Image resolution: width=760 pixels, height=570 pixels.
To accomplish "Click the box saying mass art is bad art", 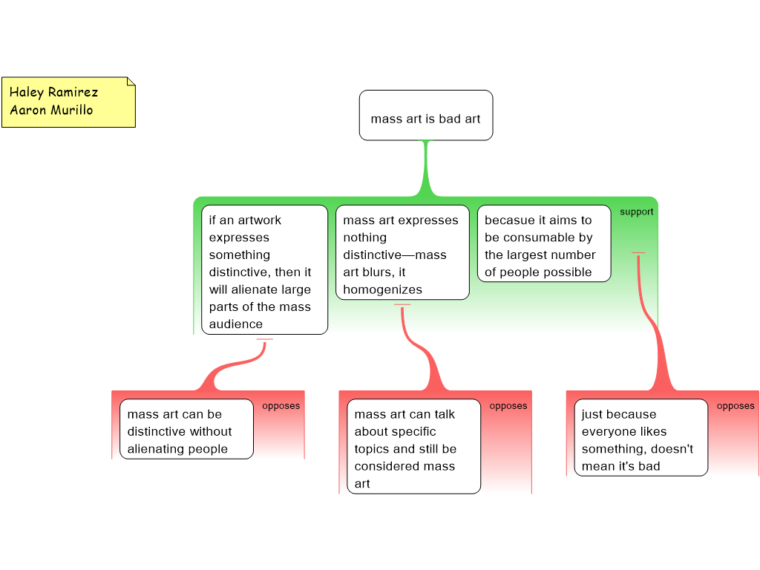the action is pos(426,115).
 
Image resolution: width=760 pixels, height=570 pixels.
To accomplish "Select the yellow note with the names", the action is pos(68,102).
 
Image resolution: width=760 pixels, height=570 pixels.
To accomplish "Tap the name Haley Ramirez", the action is pos(53,92).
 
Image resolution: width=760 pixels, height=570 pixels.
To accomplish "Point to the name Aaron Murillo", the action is pos(51,110).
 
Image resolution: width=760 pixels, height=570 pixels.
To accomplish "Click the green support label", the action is pos(636,212).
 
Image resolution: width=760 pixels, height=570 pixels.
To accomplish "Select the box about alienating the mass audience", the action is pos(265,269).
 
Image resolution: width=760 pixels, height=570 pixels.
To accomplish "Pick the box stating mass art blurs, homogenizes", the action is pos(402,252).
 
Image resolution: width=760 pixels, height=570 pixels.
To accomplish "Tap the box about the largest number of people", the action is pos(544,243).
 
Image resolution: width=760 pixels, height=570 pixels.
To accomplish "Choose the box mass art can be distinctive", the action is pos(186,429).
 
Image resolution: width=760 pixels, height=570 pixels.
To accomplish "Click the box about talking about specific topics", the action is pos(414,446).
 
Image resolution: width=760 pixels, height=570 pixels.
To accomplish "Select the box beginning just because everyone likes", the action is pos(641,437).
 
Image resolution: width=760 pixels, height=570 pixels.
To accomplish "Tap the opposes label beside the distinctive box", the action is pos(281,406).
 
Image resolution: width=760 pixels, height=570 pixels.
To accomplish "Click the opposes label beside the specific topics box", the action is pos(508,406).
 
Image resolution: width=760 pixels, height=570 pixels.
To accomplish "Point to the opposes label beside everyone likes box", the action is pos(736,406).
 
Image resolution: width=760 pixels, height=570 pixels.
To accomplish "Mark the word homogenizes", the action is pos(382,289).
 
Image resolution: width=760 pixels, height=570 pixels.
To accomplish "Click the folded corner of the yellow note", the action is pos(131,82).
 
